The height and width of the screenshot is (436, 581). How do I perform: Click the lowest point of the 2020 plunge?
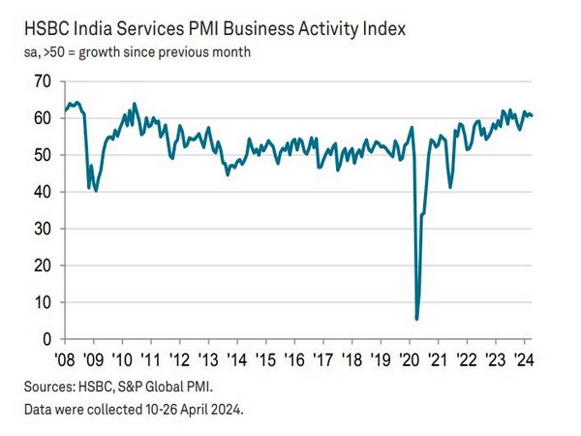[416, 319]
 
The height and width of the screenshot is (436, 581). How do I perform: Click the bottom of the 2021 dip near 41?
[450, 187]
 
